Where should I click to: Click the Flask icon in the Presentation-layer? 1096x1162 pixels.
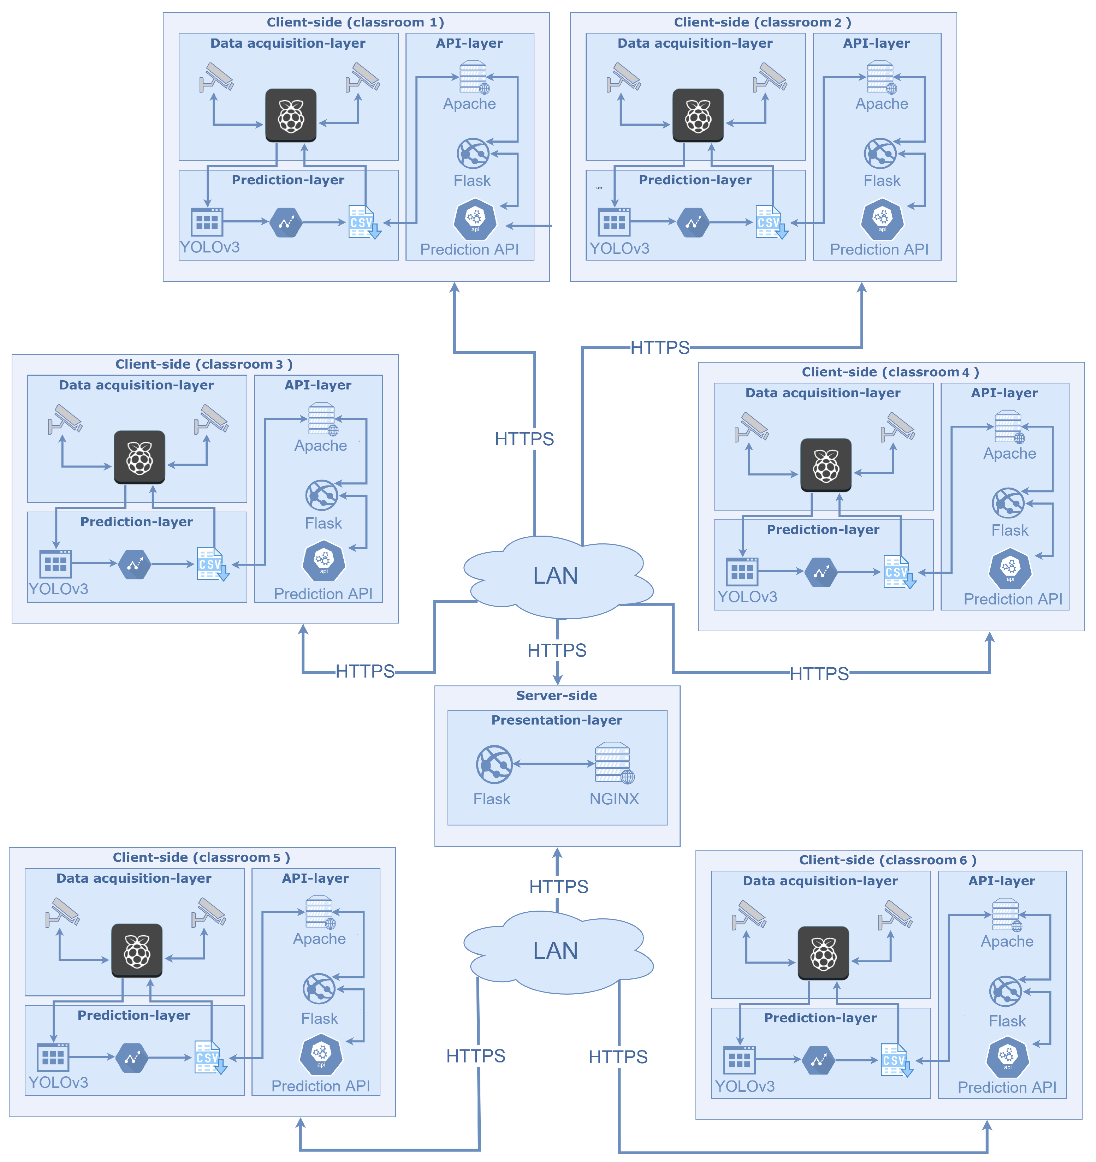pyautogui.click(x=494, y=764)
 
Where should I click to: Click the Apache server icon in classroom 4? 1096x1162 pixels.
pyautogui.click(x=1008, y=427)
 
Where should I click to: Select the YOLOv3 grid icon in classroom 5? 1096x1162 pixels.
pyautogui.click(x=53, y=1057)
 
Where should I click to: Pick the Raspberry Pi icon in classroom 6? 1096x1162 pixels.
pyautogui.click(x=823, y=953)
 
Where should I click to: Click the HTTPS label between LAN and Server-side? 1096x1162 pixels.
pyautogui.click(x=556, y=650)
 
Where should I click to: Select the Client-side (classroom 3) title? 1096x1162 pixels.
pyautogui.click(x=203, y=364)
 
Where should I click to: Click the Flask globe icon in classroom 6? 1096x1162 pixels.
pyautogui.click(x=1005, y=991)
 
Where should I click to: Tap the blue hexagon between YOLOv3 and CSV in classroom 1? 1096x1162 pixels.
pyautogui.click(x=286, y=222)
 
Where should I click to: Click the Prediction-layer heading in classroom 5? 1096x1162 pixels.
pyautogui.click(x=134, y=1015)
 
